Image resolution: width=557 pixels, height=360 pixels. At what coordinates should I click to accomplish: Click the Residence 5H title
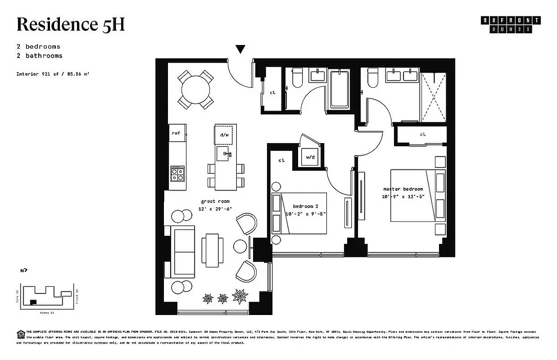[70, 24]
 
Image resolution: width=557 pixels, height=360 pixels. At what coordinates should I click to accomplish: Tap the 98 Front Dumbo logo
[511, 24]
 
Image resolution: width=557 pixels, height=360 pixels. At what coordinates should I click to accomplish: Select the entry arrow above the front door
[241, 49]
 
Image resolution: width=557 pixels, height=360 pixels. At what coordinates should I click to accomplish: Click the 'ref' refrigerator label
[176, 133]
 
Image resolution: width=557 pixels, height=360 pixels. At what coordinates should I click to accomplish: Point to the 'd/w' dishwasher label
[224, 135]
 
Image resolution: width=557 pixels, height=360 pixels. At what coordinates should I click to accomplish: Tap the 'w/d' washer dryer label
[310, 157]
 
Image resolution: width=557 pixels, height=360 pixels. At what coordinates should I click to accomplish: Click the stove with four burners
[177, 173]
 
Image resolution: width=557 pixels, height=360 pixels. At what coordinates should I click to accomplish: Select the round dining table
[195, 89]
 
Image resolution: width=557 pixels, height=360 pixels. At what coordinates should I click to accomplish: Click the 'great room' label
[215, 202]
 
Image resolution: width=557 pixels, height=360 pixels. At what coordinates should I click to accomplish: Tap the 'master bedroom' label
[403, 189]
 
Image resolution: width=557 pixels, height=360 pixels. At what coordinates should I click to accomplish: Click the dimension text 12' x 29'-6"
[215, 209]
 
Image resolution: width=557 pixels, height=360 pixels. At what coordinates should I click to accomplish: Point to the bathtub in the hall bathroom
[339, 89]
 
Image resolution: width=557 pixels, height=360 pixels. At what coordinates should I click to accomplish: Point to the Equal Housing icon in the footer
[20, 333]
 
